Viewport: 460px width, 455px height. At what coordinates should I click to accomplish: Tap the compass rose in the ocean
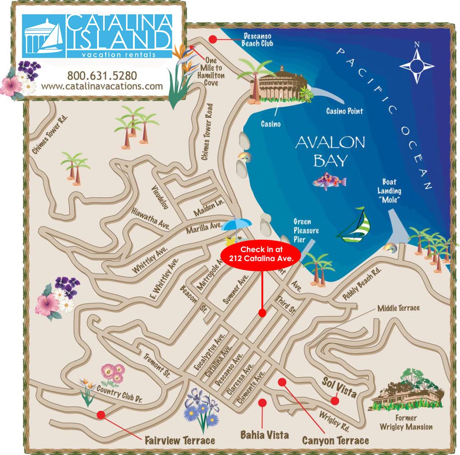pyautogui.click(x=417, y=65)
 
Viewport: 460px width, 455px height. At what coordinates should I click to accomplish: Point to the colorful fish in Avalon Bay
pyautogui.click(x=329, y=181)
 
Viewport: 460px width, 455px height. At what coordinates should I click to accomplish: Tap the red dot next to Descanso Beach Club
pyautogui.click(x=213, y=39)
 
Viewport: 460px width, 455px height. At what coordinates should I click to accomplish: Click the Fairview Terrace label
pyautogui.click(x=180, y=440)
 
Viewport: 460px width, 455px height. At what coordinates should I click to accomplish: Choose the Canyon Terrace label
pyautogui.click(x=335, y=440)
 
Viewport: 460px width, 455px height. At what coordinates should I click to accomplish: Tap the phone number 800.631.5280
pyautogui.click(x=102, y=75)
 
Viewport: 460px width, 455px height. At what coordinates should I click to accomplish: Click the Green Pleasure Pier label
pyautogui.click(x=306, y=230)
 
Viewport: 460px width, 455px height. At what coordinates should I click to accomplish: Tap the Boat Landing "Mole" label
pyautogui.click(x=389, y=191)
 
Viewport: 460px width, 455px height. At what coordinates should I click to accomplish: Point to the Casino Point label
pyautogui.click(x=345, y=111)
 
